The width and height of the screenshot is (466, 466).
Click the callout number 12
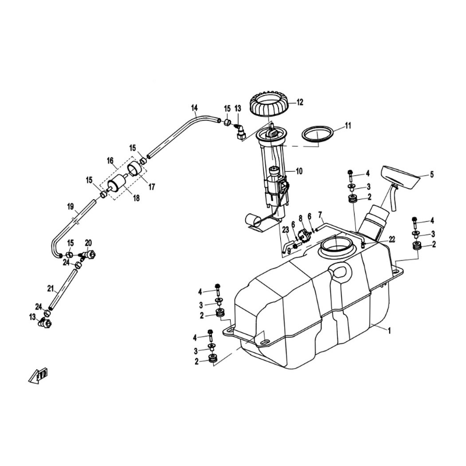[299, 103]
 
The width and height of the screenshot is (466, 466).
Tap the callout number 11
[348, 126]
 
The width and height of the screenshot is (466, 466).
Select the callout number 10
[299, 171]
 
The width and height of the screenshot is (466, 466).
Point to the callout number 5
[432, 174]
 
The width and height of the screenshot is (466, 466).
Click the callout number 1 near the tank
[389, 330]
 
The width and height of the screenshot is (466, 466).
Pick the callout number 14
[195, 107]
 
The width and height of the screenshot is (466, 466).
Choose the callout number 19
[70, 207]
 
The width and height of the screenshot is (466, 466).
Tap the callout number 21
[50, 288]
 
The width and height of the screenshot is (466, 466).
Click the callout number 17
[151, 187]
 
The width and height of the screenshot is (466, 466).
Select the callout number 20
[89, 243]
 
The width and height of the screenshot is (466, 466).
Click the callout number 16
[110, 161]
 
